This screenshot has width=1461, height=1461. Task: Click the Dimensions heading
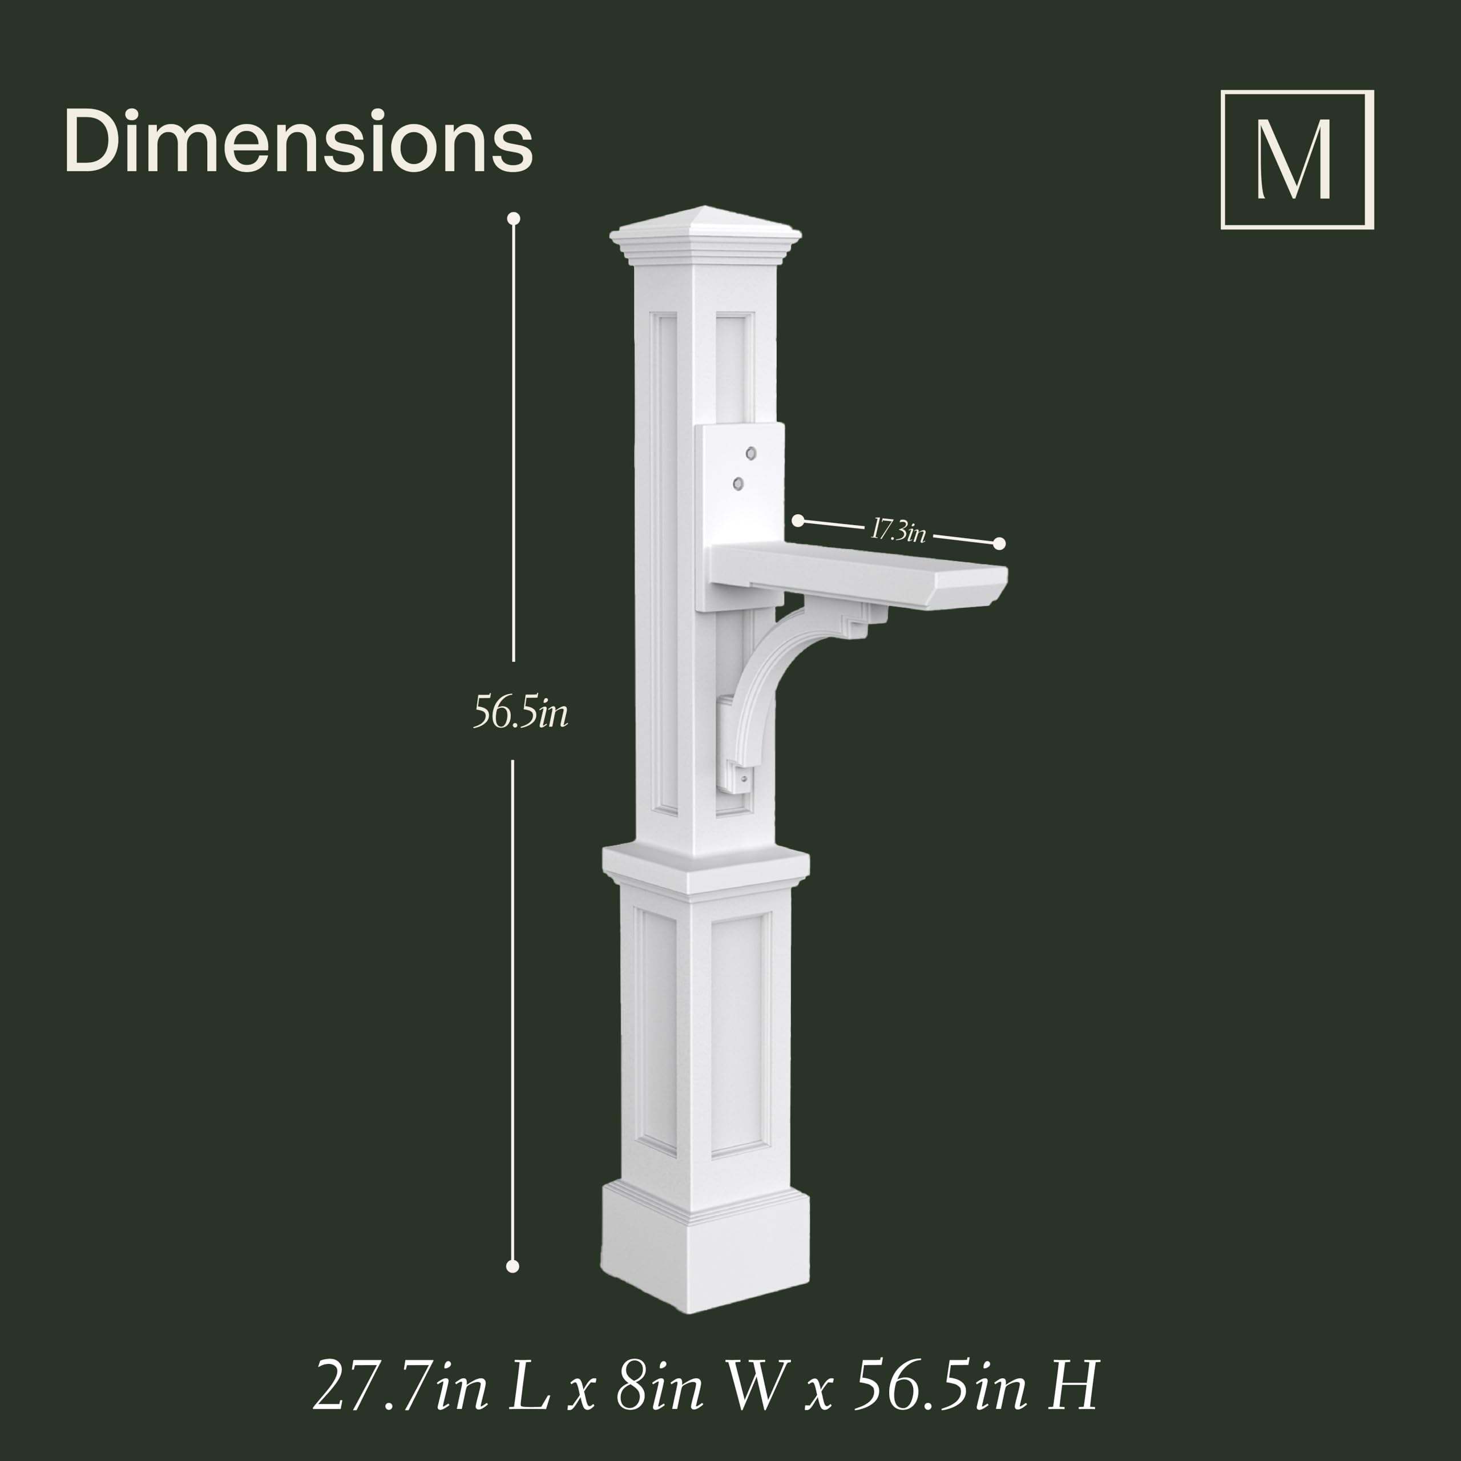[x=298, y=142]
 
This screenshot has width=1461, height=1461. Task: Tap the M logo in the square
[x=1297, y=160]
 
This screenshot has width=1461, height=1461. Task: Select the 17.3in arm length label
[x=898, y=531]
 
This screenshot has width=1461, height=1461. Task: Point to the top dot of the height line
[x=514, y=219]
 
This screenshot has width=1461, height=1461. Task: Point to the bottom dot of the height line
[x=512, y=1266]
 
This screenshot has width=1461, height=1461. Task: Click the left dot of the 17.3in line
[x=798, y=520]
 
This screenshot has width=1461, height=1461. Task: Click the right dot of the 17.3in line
[x=999, y=543]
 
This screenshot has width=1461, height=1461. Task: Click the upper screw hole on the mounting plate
[x=751, y=453]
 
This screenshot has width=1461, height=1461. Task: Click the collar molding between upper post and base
[x=705, y=870]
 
